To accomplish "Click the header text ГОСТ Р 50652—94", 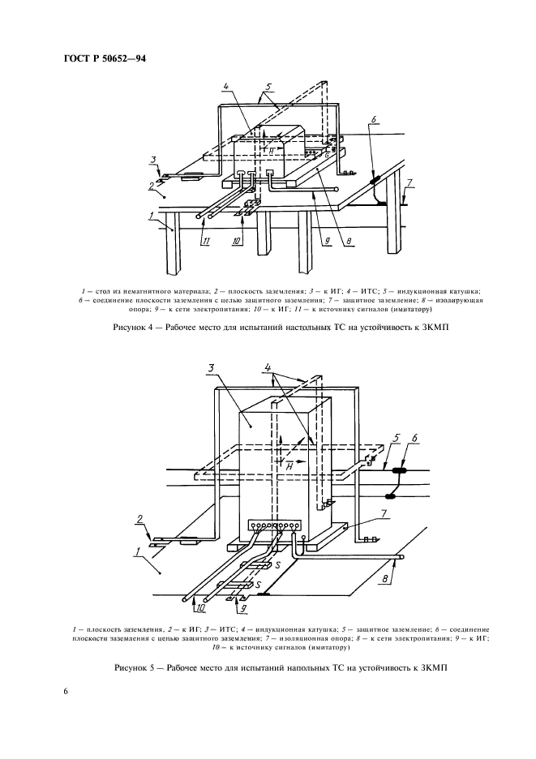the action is tap(104, 59).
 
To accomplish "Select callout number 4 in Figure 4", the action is tap(225, 86).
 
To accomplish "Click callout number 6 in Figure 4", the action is tap(373, 119).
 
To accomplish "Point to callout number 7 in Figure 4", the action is tap(410, 184).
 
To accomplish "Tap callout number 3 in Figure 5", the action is tap(211, 369).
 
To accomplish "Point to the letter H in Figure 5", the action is tap(288, 466).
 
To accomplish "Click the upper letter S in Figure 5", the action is tap(277, 564).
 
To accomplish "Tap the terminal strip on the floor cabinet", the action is tap(275, 525).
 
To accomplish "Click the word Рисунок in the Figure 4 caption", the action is tap(130, 328).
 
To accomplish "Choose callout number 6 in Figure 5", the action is tap(415, 439).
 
